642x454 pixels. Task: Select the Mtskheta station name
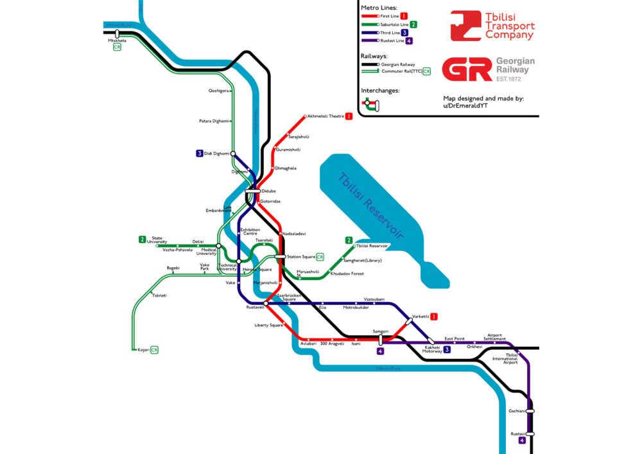pos(117,40)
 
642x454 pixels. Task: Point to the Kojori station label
pos(143,350)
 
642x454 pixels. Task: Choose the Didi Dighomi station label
pos(216,153)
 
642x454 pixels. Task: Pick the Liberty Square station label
pos(268,325)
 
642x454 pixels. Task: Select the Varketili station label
pos(421,316)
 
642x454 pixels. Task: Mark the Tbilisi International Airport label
pos(510,358)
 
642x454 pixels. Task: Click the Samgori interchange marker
pos(381,338)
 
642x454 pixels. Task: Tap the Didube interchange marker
pos(252,191)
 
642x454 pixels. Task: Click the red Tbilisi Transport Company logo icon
pos(465,26)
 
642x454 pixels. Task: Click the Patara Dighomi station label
pos(213,121)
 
